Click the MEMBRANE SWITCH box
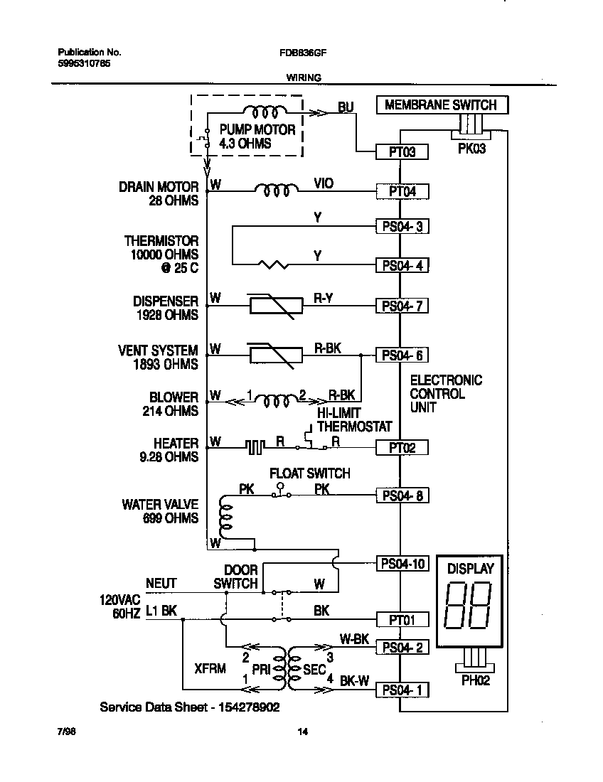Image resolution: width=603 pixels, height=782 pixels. [440, 105]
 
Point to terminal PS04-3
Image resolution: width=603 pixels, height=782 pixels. [402, 227]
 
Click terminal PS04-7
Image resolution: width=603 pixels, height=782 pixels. [402, 306]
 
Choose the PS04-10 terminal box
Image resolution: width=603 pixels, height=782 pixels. [402, 564]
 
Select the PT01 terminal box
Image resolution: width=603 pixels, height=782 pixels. [402, 619]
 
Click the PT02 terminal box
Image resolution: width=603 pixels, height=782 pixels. [402, 447]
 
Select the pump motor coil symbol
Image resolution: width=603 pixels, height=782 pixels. [265, 112]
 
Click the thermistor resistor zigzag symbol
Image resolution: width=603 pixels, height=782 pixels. [273, 265]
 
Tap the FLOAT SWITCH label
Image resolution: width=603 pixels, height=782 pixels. [309, 473]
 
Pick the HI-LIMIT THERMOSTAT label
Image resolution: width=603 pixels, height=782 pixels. [353, 420]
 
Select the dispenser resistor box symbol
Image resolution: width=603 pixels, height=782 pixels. [270, 306]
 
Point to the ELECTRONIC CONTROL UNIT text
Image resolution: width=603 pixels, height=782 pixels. [446, 394]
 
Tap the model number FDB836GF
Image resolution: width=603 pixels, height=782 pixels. [304, 53]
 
